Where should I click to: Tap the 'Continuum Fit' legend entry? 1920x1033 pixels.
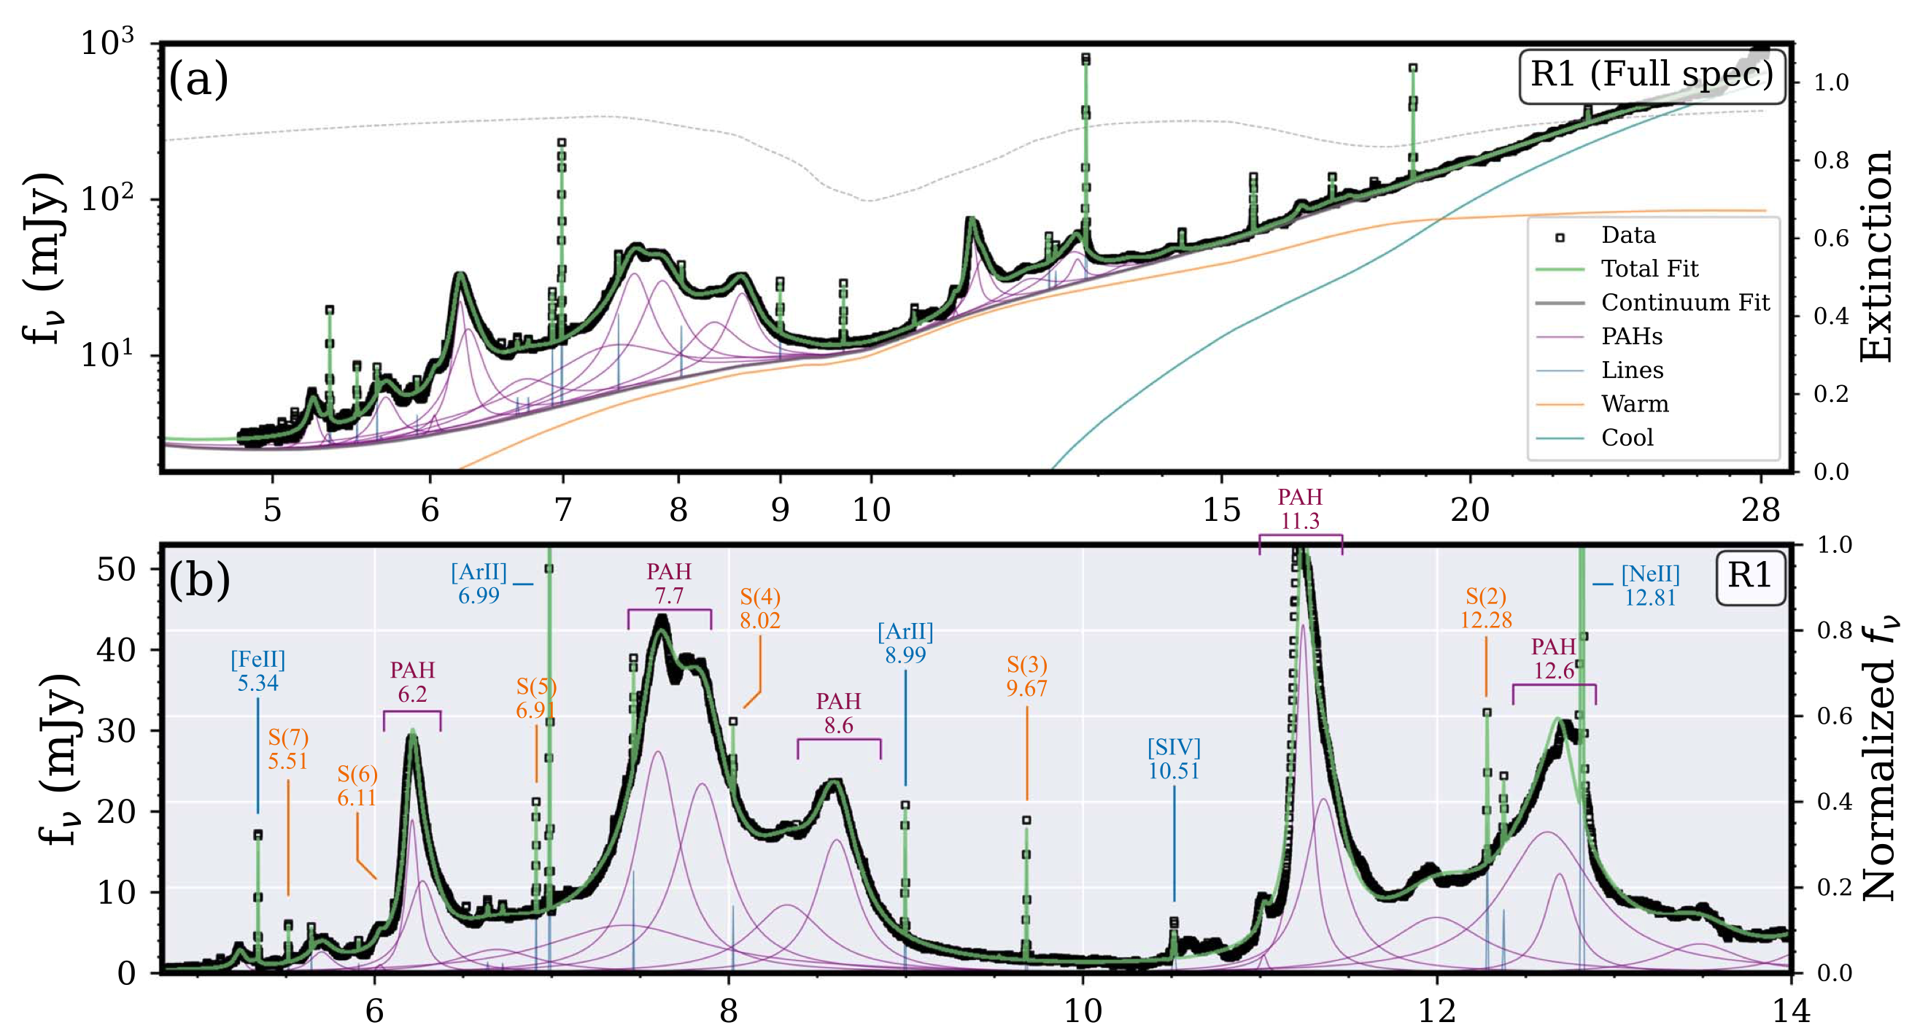point(1684,302)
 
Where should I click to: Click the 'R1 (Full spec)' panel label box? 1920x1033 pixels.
point(1651,75)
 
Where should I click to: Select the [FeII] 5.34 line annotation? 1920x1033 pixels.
point(258,670)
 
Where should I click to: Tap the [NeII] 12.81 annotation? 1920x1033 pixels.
point(1650,586)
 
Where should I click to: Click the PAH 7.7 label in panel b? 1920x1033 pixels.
point(668,584)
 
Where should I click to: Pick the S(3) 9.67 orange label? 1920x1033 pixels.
point(1026,676)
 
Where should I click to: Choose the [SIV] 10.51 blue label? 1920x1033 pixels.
point(1174,759)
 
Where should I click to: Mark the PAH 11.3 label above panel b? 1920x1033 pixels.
point(1300,509)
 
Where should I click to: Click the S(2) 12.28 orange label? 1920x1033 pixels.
point(1485,608)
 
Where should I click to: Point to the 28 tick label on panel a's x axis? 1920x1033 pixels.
point(1760,510)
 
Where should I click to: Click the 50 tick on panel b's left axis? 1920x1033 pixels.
point(116,570)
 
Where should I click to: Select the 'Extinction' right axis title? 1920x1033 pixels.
point(1877,255)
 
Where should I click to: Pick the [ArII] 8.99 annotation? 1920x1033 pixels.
point(905,643)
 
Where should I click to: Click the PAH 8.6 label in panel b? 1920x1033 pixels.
point(838,713)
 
